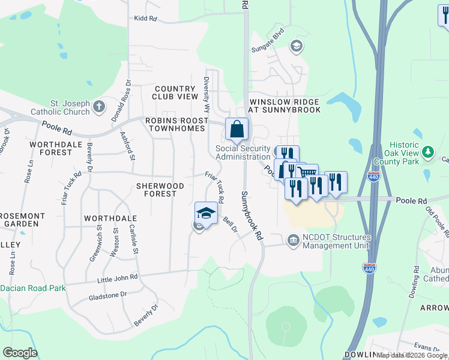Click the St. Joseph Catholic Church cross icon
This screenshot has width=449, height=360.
click(x=100, y=108)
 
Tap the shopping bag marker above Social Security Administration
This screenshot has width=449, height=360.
click(x=237, y=129)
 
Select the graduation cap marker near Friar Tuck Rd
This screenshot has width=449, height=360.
click(x=206, y=214)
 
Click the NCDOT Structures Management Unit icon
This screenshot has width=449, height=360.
click(x=292, y=241)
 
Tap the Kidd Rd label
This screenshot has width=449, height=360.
click(x=145, y=19)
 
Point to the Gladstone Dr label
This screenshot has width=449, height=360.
click(x=107, y=295)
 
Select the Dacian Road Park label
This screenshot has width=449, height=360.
click(x=33, y=288)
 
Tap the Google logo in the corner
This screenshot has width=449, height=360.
click(x=20, y=353)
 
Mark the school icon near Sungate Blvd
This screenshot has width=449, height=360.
click(x=295, y=46)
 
